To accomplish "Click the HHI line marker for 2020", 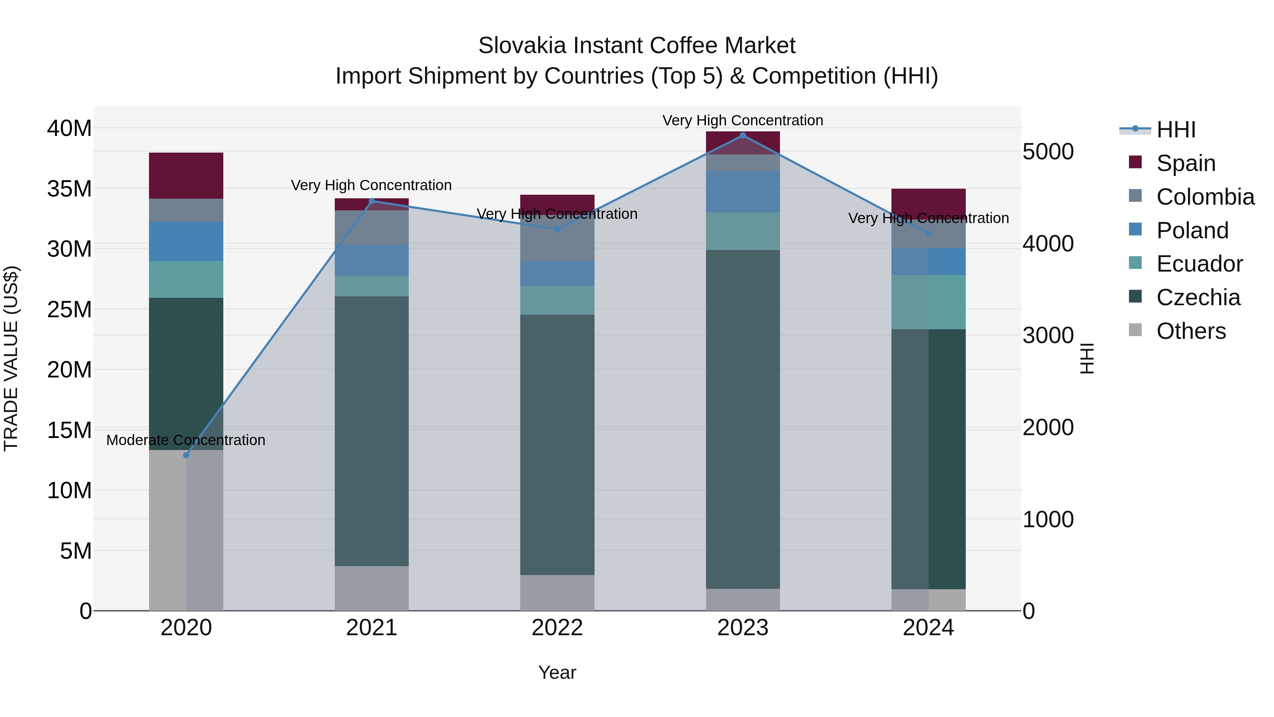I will (x=186, y=455).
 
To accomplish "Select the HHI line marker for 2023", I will (x=742, y=135).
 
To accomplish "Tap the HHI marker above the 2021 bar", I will (x=372, y=201).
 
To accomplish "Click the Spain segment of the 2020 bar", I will (x=186, y=175).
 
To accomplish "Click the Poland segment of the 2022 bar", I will (x=557, y=273).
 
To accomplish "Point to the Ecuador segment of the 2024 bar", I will (x=928, y=302).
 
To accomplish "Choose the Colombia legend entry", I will (x=1205, y=197).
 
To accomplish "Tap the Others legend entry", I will (x=1191, y=331).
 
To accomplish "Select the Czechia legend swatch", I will (x=1136, y=297).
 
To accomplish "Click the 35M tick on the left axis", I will (x=69, y=188).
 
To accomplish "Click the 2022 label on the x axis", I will (x=557, y=628).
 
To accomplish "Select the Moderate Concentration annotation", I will (x=185, y=440).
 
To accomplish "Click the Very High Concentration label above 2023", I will (x=742, y=120).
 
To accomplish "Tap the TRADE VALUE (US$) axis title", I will (x=11, y=358).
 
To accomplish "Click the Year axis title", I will (x=557, y=672).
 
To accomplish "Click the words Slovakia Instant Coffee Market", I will (x=637, y=46).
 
